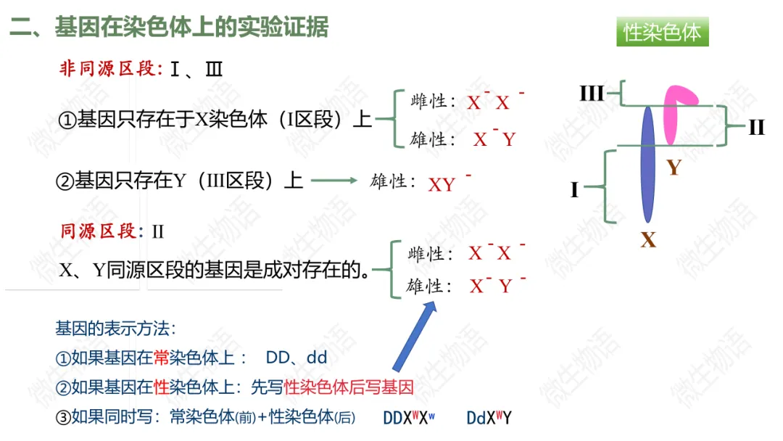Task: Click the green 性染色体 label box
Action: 662,33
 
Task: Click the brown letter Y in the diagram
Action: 674,168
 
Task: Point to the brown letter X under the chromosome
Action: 647,239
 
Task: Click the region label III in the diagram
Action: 592,93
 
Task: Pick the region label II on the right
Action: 756,128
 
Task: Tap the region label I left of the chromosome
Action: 574,190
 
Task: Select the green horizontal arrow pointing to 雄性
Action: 334,181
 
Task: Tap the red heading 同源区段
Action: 98,231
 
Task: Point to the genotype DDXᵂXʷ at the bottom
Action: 410,418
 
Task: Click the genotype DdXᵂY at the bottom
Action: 489,418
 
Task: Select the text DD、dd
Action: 297,358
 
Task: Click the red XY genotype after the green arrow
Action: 442,184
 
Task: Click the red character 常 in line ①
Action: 162,358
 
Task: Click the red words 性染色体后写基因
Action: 348,387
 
